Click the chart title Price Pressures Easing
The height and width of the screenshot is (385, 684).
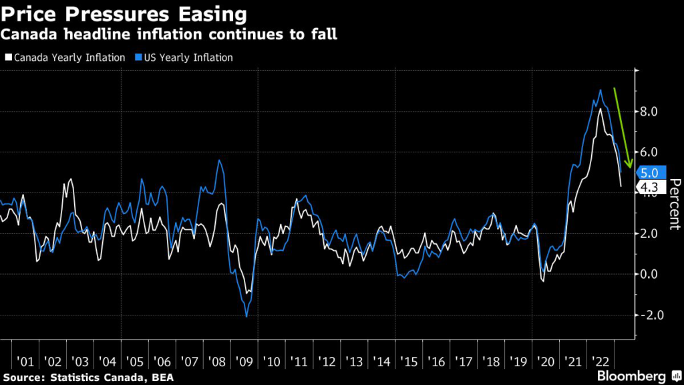[124, 13]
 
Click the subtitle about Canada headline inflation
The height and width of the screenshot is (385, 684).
[170, 33]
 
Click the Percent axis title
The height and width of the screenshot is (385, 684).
[674, 204]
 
